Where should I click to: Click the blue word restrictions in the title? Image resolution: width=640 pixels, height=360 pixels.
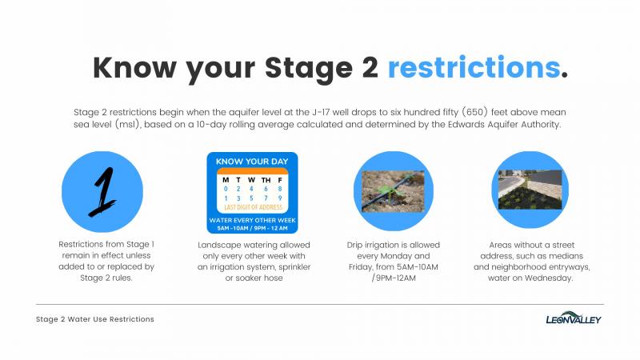pos(474,67)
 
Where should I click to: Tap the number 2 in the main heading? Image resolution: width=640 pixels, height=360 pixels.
pos(370,68)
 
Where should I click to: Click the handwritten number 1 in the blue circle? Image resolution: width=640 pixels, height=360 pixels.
pos(103,191)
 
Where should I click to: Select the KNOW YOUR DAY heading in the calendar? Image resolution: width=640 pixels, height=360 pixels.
pos(252,162)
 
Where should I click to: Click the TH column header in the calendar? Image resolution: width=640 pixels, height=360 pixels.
pos(266,180)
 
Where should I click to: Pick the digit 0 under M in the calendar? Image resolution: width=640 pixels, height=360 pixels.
pos(226,189)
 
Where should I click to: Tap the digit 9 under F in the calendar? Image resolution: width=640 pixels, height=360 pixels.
pos(280,198)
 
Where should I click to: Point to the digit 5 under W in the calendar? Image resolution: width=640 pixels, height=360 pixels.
pos(251,198)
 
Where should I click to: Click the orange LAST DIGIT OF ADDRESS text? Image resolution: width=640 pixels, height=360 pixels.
pos(253,207)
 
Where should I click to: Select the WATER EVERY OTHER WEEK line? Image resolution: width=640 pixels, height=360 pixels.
pos(252,221)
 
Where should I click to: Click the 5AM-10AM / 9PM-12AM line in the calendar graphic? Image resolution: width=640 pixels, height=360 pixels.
pos(252,228)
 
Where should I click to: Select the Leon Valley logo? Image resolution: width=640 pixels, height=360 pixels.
pos(574,318)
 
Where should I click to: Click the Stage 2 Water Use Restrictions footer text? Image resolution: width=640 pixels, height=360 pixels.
pos(95,319)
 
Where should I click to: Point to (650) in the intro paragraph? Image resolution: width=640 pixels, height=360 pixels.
pos(474,112)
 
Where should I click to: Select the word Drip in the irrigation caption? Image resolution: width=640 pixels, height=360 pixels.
pos(354,246)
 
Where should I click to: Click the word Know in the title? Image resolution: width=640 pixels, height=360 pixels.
pos(134,67)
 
